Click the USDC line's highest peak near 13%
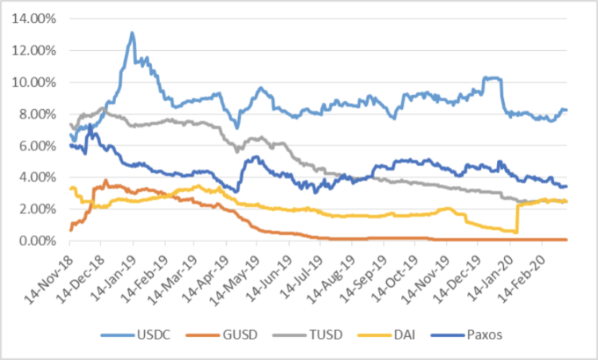(132, 33)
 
